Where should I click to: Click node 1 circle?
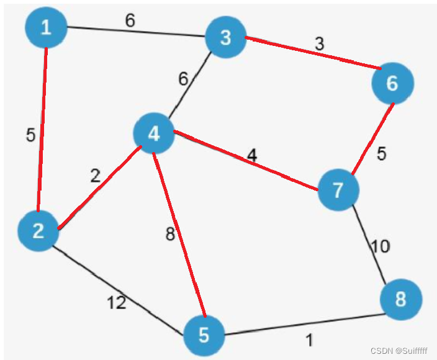click(46, 27)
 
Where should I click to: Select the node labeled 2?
click(38, 231)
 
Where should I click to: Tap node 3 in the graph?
click(225, 38)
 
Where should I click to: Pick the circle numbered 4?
click(154, 133)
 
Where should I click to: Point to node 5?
click(204, 336)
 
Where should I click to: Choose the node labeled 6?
click(392, 83)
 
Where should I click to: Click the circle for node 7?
click(338, 190)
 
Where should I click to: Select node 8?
click(401, 300)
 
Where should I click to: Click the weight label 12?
click(116, 303)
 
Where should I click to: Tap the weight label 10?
click(380, 246)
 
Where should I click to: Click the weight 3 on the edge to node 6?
click(319, 45)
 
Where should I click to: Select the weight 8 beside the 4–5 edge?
click(170, 235)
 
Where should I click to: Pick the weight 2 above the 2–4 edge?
click(94, 176)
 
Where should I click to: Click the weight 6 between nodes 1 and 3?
click(130, 20)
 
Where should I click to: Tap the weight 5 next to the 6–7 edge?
click(381, 154)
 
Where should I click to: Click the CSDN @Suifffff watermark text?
click(399, 351)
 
